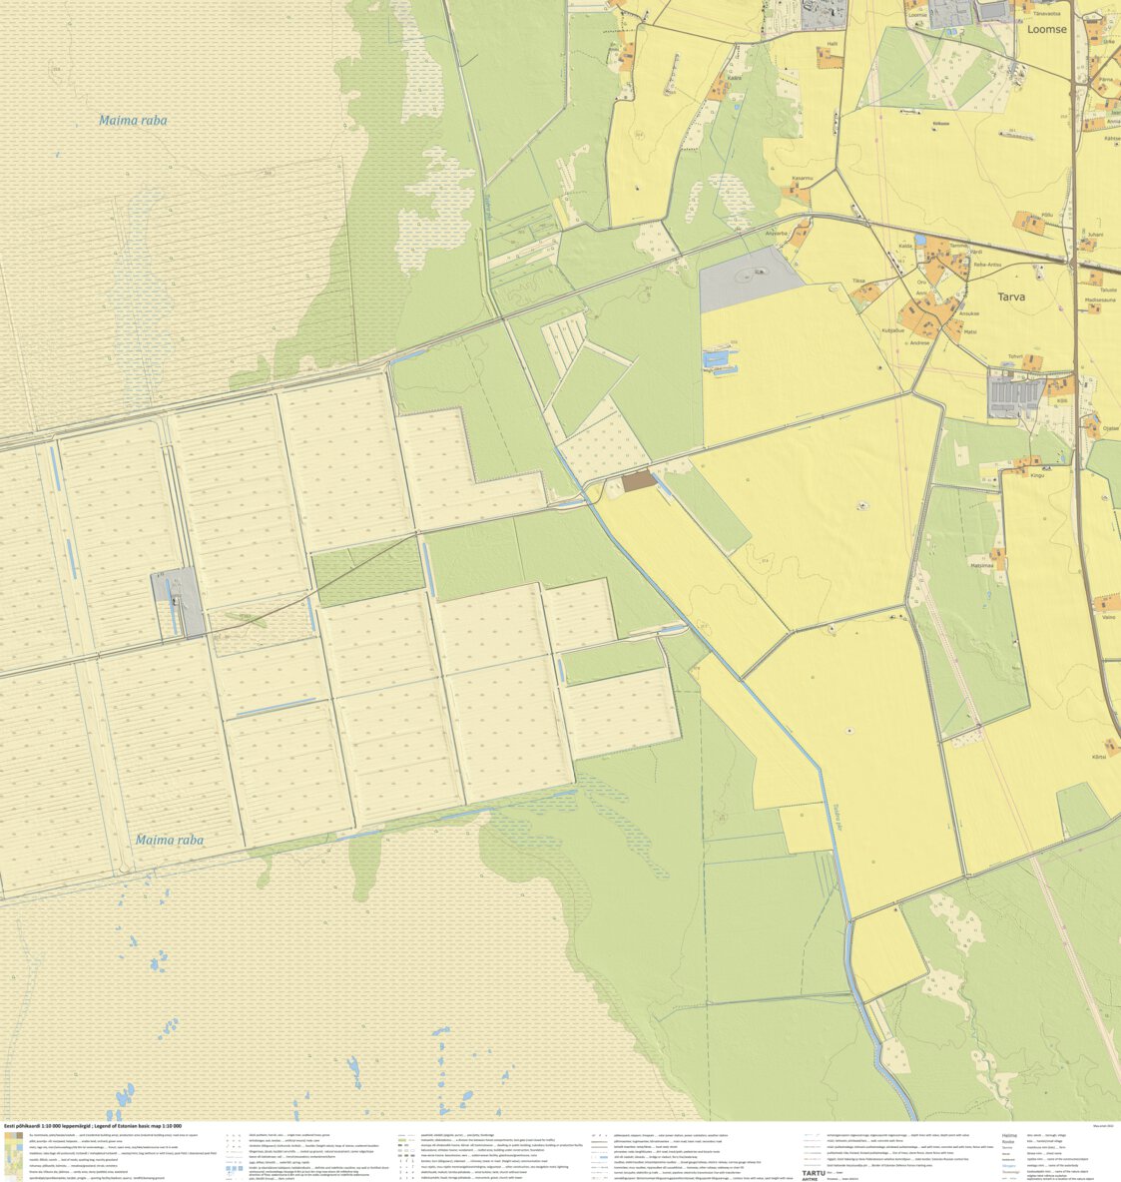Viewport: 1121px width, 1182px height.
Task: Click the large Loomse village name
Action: pos(1046,29)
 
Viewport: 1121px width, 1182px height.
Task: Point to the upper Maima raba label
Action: pos(133,121)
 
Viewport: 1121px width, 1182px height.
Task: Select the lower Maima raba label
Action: pos(169,840)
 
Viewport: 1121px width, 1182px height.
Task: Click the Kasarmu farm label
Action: pos(802,178)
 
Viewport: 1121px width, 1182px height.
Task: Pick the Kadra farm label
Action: pos(735,77)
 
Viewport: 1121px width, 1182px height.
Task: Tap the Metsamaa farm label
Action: pos(982,565)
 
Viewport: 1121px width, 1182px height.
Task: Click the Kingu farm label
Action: pos(1037,475)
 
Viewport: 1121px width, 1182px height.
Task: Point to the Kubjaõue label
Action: pos(892,329)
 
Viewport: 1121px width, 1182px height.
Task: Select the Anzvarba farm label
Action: pos(777,234)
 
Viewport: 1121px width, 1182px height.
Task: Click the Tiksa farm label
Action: pos(858,281)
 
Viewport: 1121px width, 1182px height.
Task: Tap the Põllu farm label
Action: pos(1047,215)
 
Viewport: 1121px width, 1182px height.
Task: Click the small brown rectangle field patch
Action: pos(639,481)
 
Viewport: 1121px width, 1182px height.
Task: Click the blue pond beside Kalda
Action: pos(919,241)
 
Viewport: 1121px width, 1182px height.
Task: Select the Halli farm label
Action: pos(832,45)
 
